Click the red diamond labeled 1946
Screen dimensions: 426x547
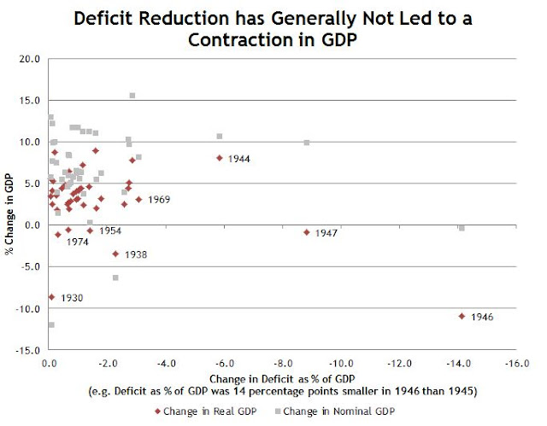coord(462,316)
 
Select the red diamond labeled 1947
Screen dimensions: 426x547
coord(306,232)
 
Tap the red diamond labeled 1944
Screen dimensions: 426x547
coord(219,158)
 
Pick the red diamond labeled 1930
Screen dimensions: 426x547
coord(51,297)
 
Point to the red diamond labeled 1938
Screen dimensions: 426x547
coord(115,254)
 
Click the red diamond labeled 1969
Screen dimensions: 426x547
coord(138,200)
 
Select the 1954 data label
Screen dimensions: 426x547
coord(110,231)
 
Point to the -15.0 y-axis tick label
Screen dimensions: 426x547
coord(29,350)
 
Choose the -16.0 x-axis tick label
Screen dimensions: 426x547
coord(515,363)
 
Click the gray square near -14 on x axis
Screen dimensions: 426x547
coord(462,228)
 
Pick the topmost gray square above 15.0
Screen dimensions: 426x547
coord(132,96)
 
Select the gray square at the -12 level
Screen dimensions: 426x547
coord(51,324)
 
